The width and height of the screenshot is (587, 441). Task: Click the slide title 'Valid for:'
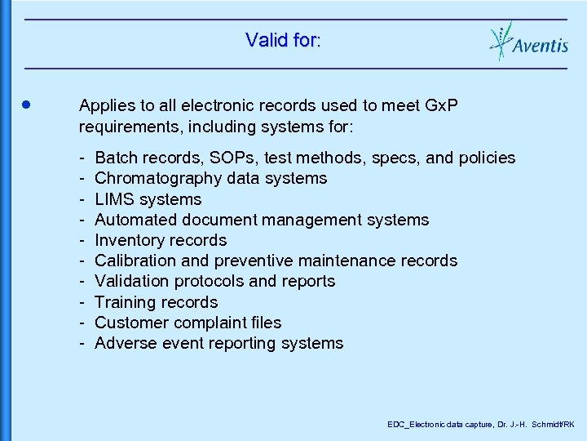[x=283, y=39]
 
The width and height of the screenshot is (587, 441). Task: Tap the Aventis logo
[x=528, y=41]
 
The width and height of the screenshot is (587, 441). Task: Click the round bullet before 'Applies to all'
[x=27, y=105]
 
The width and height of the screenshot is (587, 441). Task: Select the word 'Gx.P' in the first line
[x=444, y=105]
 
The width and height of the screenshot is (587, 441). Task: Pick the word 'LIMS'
[x=115, y=199]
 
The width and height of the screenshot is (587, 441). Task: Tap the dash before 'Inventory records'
[x=83, y=240]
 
